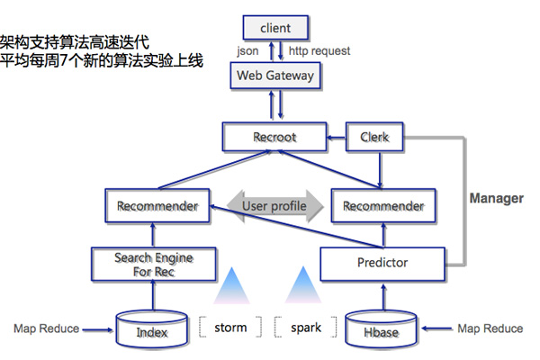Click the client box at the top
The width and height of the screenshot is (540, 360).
275,28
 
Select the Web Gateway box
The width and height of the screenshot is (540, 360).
275,76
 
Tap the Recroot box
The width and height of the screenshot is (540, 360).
274,138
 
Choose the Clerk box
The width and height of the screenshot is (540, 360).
373,138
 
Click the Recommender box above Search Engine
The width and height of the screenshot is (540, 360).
157,206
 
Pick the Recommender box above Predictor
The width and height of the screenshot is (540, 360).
383,206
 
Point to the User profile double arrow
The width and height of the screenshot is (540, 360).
274,206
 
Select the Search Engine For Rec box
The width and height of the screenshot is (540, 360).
153,263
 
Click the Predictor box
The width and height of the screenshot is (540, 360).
383,263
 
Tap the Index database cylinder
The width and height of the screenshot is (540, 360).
152,330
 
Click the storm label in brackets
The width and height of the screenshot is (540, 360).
230,328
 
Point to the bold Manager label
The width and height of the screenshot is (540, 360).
496,198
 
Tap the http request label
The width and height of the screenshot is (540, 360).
319,51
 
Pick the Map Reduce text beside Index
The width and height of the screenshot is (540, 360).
47,328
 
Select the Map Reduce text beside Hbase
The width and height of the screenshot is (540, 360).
490,328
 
